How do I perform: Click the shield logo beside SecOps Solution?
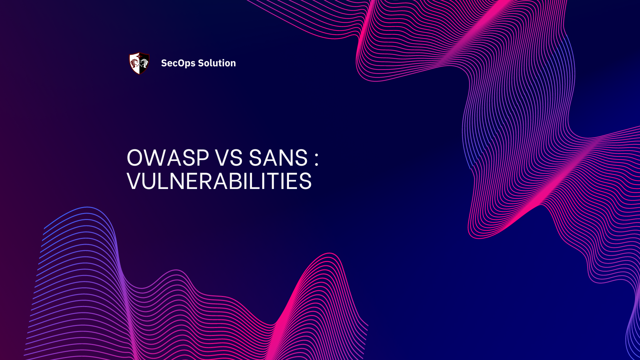click(139, 63)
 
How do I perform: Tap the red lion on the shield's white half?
click(135, 63)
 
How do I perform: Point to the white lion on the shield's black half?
click(144, 63)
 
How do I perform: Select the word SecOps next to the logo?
click(178, 63)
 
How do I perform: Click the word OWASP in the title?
click(168, 158)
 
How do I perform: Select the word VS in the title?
click(229, 158)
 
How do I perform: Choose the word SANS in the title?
click(278, 158)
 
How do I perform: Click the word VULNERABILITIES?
click(219, 181)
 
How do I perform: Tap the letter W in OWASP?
click(155, 158)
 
